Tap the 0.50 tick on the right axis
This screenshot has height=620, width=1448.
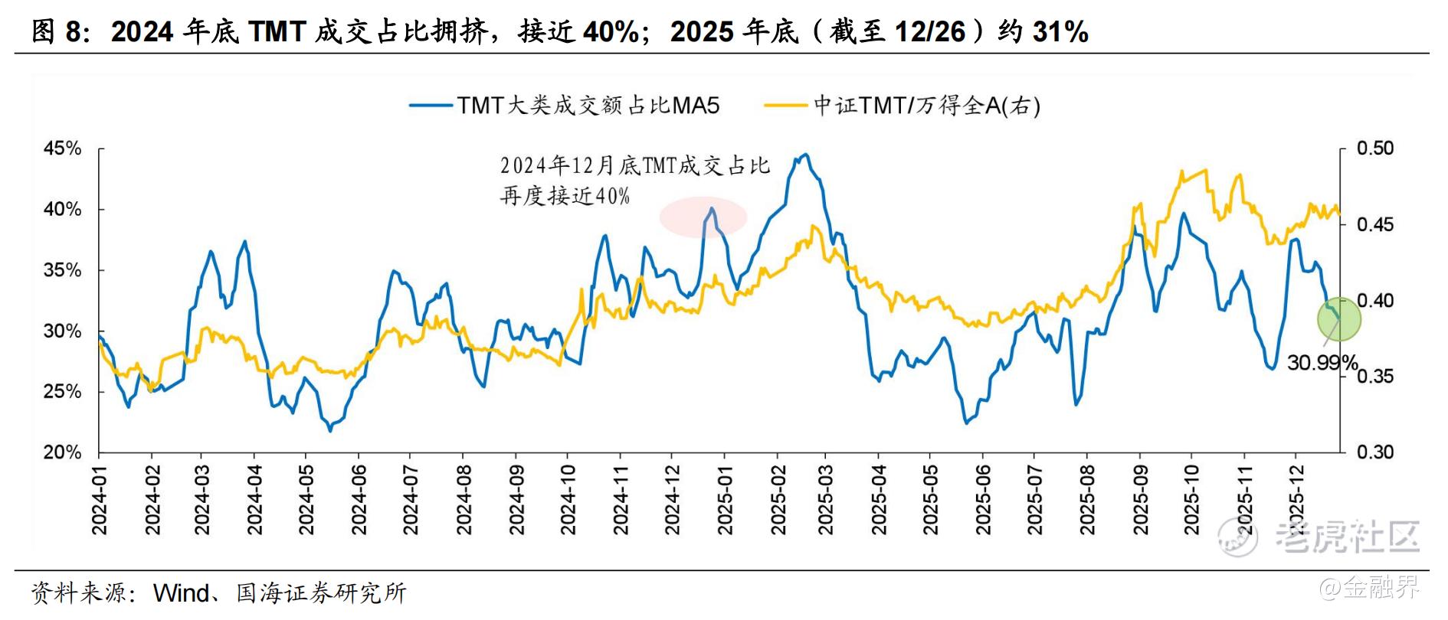pyautogui.click(x=1375, y=148)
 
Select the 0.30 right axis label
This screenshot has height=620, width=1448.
pyautogui.click(x=1375, y=452)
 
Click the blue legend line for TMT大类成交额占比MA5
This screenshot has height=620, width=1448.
pyautogui.click(x=431, y=106)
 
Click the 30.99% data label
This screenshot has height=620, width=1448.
pyautogui.click(x=1322, y=363)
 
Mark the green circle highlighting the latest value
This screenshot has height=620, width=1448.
pyautogui.click(x=1338, y=318)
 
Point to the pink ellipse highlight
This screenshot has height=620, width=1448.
pyautogui.click(x=703, y=216)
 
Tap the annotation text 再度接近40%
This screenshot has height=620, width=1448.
pyautogui.click(x=565, y=196)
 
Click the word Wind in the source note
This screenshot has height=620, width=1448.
pyautogui.click(x=182, y=593)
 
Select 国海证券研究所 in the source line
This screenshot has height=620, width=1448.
pyautogui.click(x=322, y=593)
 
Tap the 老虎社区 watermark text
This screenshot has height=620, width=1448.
pyautogui.click(x=1347, y=537)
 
